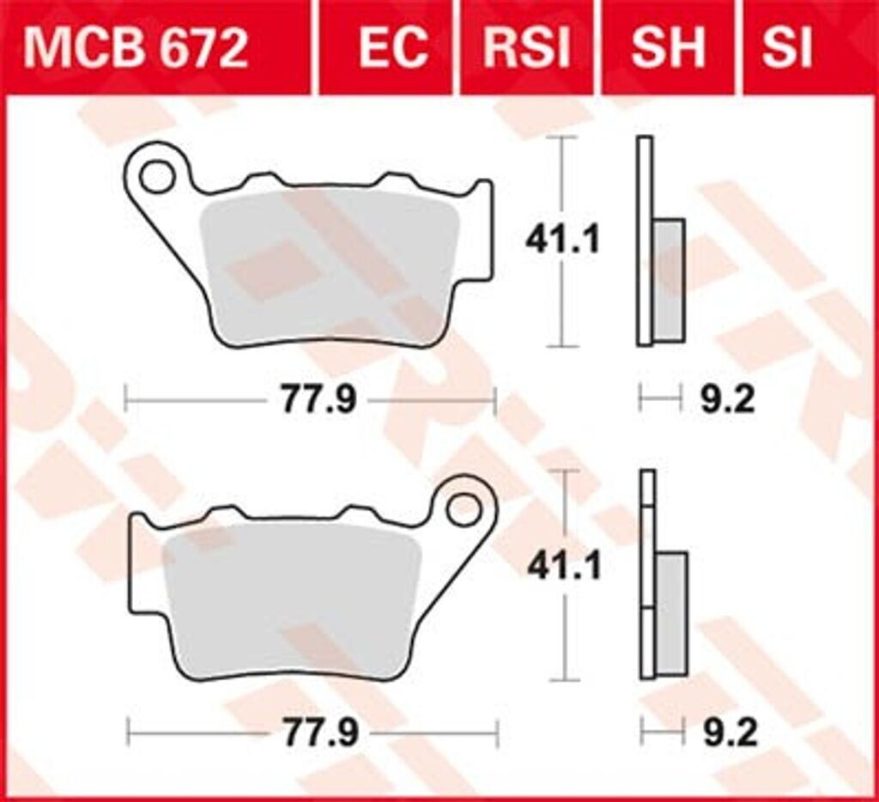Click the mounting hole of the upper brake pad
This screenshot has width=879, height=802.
pos(156,178)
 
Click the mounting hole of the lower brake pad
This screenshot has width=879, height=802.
pos(464,510)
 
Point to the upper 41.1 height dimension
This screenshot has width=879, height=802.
pos(562,241)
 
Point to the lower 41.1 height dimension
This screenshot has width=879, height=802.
pos(563,566)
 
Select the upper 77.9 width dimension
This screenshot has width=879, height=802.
pos(317,400)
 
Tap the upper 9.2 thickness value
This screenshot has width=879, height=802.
pos(727,400)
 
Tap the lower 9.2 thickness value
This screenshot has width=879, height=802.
pos(729,733)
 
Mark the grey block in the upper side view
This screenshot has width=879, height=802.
pos(669,280)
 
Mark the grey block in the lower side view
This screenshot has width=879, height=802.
pos(671,613)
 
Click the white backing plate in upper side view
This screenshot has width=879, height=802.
pos(644,240)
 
